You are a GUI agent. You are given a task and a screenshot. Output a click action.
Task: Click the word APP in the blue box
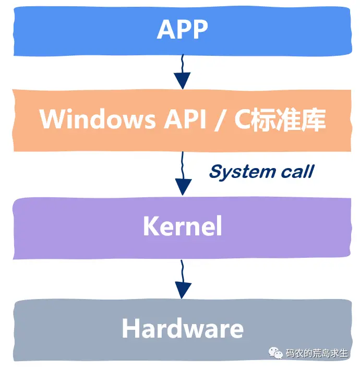182,30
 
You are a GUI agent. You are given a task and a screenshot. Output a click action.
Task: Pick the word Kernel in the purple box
182,226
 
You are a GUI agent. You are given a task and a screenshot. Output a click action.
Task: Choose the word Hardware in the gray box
182,329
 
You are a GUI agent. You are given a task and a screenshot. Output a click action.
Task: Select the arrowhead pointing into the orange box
182,80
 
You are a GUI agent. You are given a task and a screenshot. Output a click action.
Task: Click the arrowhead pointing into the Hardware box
182,290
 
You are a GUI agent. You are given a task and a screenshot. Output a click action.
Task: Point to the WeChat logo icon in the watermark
275,353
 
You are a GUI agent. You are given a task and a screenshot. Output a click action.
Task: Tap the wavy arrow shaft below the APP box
182,63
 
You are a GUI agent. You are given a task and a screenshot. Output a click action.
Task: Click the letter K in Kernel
150,226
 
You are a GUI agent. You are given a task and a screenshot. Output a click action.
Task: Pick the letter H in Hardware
130,329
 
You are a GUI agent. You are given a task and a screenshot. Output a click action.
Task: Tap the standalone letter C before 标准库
242,120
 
